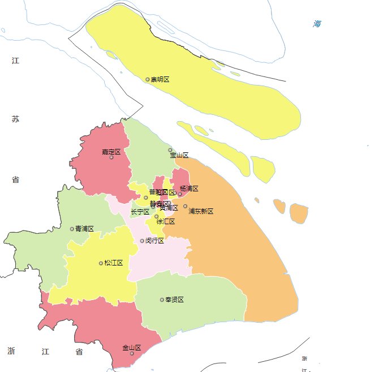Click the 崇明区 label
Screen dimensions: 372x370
[160, 80]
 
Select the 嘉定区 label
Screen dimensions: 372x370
[111, 151]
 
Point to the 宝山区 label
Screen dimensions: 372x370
[179, 155]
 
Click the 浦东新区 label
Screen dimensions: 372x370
[201, 211]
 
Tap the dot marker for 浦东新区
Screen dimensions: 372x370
[185, 207]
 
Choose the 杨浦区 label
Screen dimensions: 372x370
[189, 189]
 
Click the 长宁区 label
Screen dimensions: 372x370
[140, 212]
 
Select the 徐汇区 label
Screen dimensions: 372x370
[166, 221]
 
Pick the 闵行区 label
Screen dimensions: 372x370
[154, 241]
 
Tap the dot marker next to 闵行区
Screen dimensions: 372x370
[142, 241]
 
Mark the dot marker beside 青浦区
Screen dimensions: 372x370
[72, 229]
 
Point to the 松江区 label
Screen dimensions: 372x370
[114, 263]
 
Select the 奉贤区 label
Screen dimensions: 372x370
[174, 300]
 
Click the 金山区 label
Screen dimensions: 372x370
[131, 348]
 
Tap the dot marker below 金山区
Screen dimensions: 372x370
[132, 353]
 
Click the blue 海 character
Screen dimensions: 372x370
[317, 24]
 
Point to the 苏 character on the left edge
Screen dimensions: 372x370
[15, 119]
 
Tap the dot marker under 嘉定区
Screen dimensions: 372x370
[111, 157]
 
